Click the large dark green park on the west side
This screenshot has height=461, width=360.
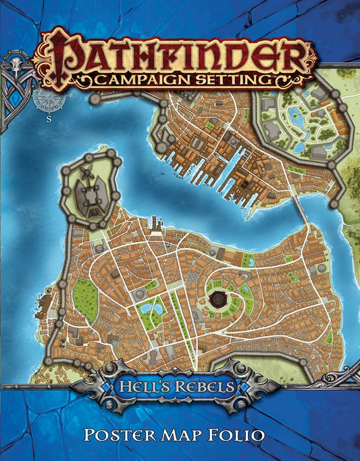point(84,295)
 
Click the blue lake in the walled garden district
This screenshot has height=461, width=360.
point(298,121)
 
